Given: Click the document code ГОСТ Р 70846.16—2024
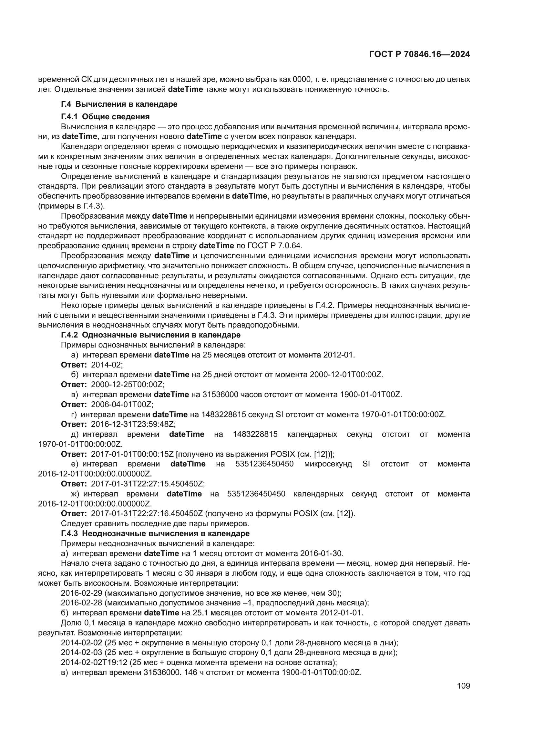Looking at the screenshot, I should coord(420,54).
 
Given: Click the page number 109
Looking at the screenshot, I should coord(463,686).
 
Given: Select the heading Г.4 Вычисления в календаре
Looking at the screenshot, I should coord(119,104).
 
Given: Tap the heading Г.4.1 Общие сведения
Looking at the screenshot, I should coord(105,117).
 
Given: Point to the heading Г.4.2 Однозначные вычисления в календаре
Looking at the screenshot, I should coord(150,335).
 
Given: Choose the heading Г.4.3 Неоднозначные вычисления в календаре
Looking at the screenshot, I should coord(155,533).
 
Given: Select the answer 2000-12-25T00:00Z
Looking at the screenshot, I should coord(128,384).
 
